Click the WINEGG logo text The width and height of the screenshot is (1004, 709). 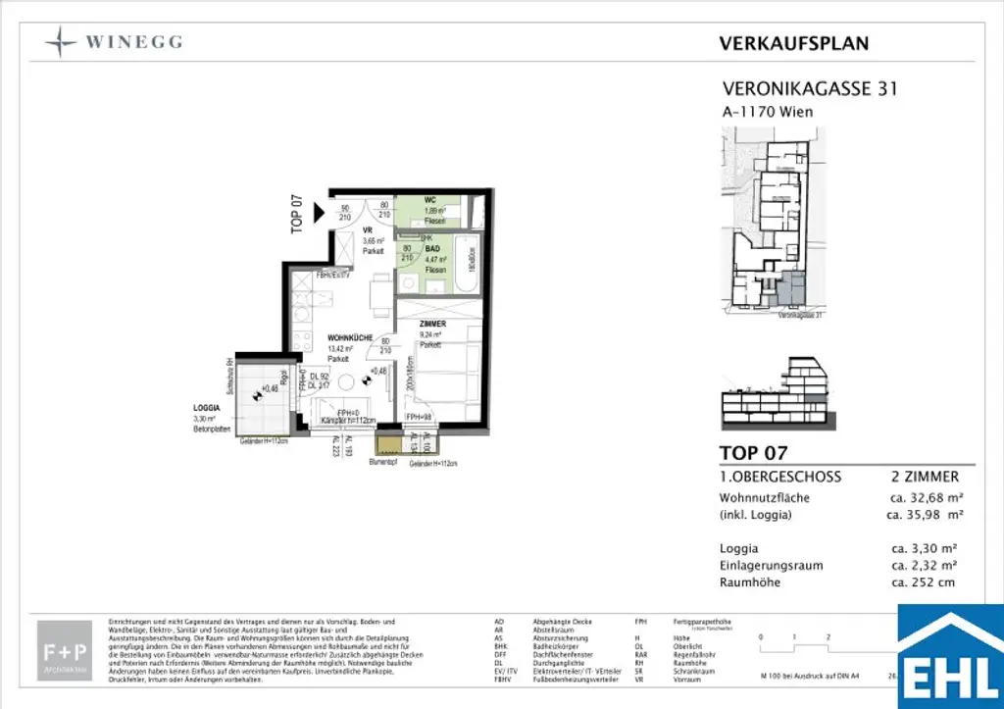(132, 42)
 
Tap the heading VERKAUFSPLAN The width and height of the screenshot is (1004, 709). (793, 43)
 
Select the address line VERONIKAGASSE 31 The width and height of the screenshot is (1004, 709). (809, 89)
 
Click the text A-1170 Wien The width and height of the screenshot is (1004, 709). (767, 112)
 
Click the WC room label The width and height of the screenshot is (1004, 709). (429, 200)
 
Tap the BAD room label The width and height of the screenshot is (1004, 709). (431, 250)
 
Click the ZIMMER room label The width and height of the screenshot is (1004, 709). (431, 323)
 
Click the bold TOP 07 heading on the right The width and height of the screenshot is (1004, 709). (753, 453)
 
